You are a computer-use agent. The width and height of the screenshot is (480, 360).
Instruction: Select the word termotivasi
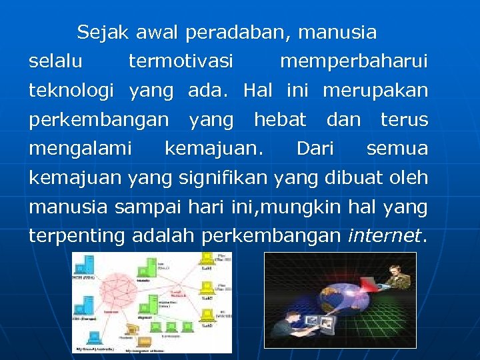pyautogui.click(x=181, y=62)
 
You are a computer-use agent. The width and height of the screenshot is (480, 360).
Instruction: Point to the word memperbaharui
pyautogui.click(x=353, y=62)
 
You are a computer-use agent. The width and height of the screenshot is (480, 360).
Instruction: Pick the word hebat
pyautogui.click(x=280, y=120)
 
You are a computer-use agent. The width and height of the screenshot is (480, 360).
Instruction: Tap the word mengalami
pyautogui.click(x=79, y=149)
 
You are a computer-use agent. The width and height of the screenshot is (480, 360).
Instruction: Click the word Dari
pyautogui.click(x=315, y=149)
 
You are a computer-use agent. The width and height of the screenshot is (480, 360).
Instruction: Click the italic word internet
pyautogui.click(x=385, y=235)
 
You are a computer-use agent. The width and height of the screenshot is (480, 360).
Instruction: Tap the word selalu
pyautogui.click(x=56, y=62)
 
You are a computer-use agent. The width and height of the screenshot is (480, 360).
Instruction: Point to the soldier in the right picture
pyautogui.click(x=397, y=280)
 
